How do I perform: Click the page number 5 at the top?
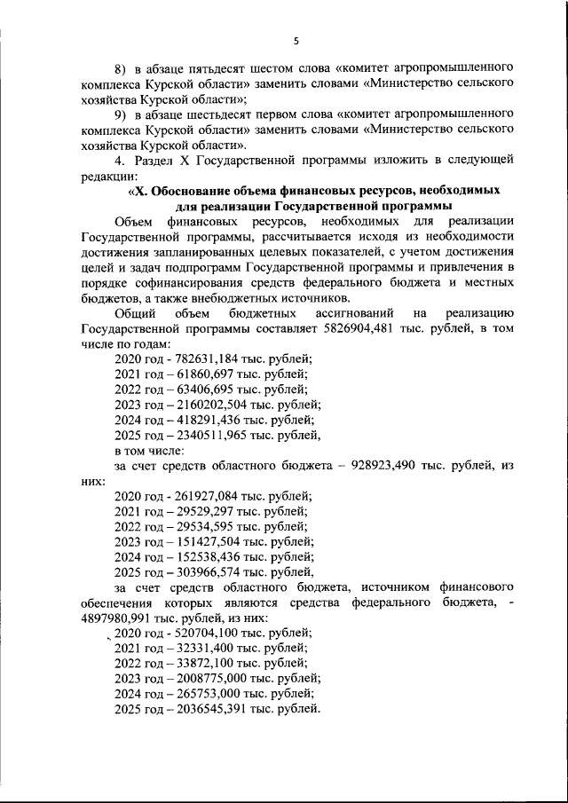click(296, 39)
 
